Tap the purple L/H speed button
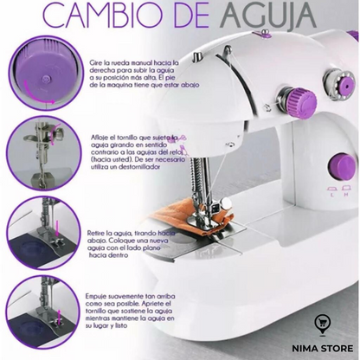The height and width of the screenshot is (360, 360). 330,192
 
